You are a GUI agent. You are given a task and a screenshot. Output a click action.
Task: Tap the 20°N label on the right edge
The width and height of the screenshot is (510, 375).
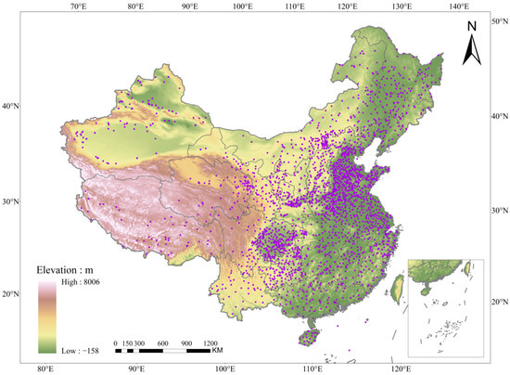499,302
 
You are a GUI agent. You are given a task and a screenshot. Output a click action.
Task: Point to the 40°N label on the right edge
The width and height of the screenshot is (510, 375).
499,117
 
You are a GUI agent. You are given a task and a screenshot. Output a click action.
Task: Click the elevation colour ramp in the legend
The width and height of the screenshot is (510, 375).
47,318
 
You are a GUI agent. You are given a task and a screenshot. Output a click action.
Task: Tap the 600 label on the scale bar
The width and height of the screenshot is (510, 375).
161,342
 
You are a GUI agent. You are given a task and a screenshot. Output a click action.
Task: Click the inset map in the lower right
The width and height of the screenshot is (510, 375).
446,305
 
